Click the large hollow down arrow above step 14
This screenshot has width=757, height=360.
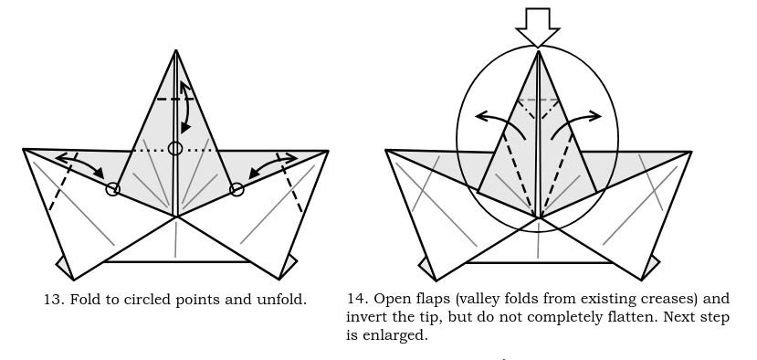[x=538, y=27]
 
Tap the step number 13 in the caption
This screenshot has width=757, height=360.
[x=53, y=300]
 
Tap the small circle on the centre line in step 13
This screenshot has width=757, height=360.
[x=175, y=148]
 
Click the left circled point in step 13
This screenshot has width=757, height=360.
[x=112, y=189]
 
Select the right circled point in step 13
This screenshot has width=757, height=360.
[x=237, y=189]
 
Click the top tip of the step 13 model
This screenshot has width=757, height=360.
[x=176, y=49]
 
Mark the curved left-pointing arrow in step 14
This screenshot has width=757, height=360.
[x=502, y=121]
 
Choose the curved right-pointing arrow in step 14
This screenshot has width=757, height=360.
[x=575, y=121]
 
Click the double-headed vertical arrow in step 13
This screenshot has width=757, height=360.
[x=186, y=107]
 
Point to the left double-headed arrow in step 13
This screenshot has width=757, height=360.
[x=80, y=164]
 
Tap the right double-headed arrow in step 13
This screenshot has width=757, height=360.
[x=272, y=164]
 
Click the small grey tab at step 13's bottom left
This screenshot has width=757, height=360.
[x=64, y=267]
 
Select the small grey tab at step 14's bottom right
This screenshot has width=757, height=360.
[x=651, y=267]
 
